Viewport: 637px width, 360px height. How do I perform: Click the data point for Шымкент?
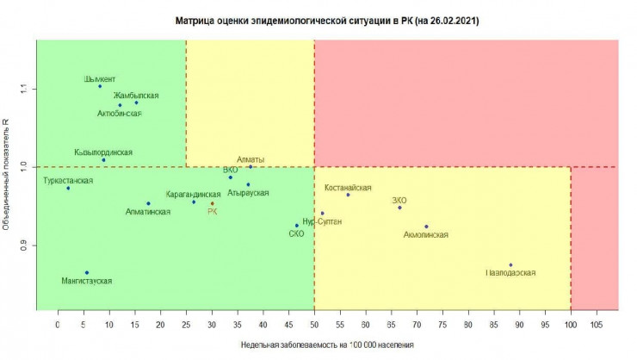tap(100, 86)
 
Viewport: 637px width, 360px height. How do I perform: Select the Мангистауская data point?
tap(86, 272)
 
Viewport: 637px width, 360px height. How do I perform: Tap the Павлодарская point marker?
tap(510, 265)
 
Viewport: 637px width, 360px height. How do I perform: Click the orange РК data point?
tap(212, 203)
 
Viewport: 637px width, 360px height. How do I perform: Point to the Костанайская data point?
tap(348, 195)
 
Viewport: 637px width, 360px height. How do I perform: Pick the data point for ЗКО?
tap(399, 208)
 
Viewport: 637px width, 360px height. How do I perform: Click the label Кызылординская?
tap(103, 152)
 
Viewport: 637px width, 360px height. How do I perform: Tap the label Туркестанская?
tap(68, 181)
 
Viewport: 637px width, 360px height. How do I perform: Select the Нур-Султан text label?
tap(322, 221)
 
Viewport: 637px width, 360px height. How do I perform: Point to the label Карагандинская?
tap(194, 196)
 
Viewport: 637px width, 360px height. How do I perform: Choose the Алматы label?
tap(250, 159)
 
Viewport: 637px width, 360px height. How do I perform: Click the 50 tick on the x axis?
tap(314, 326)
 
